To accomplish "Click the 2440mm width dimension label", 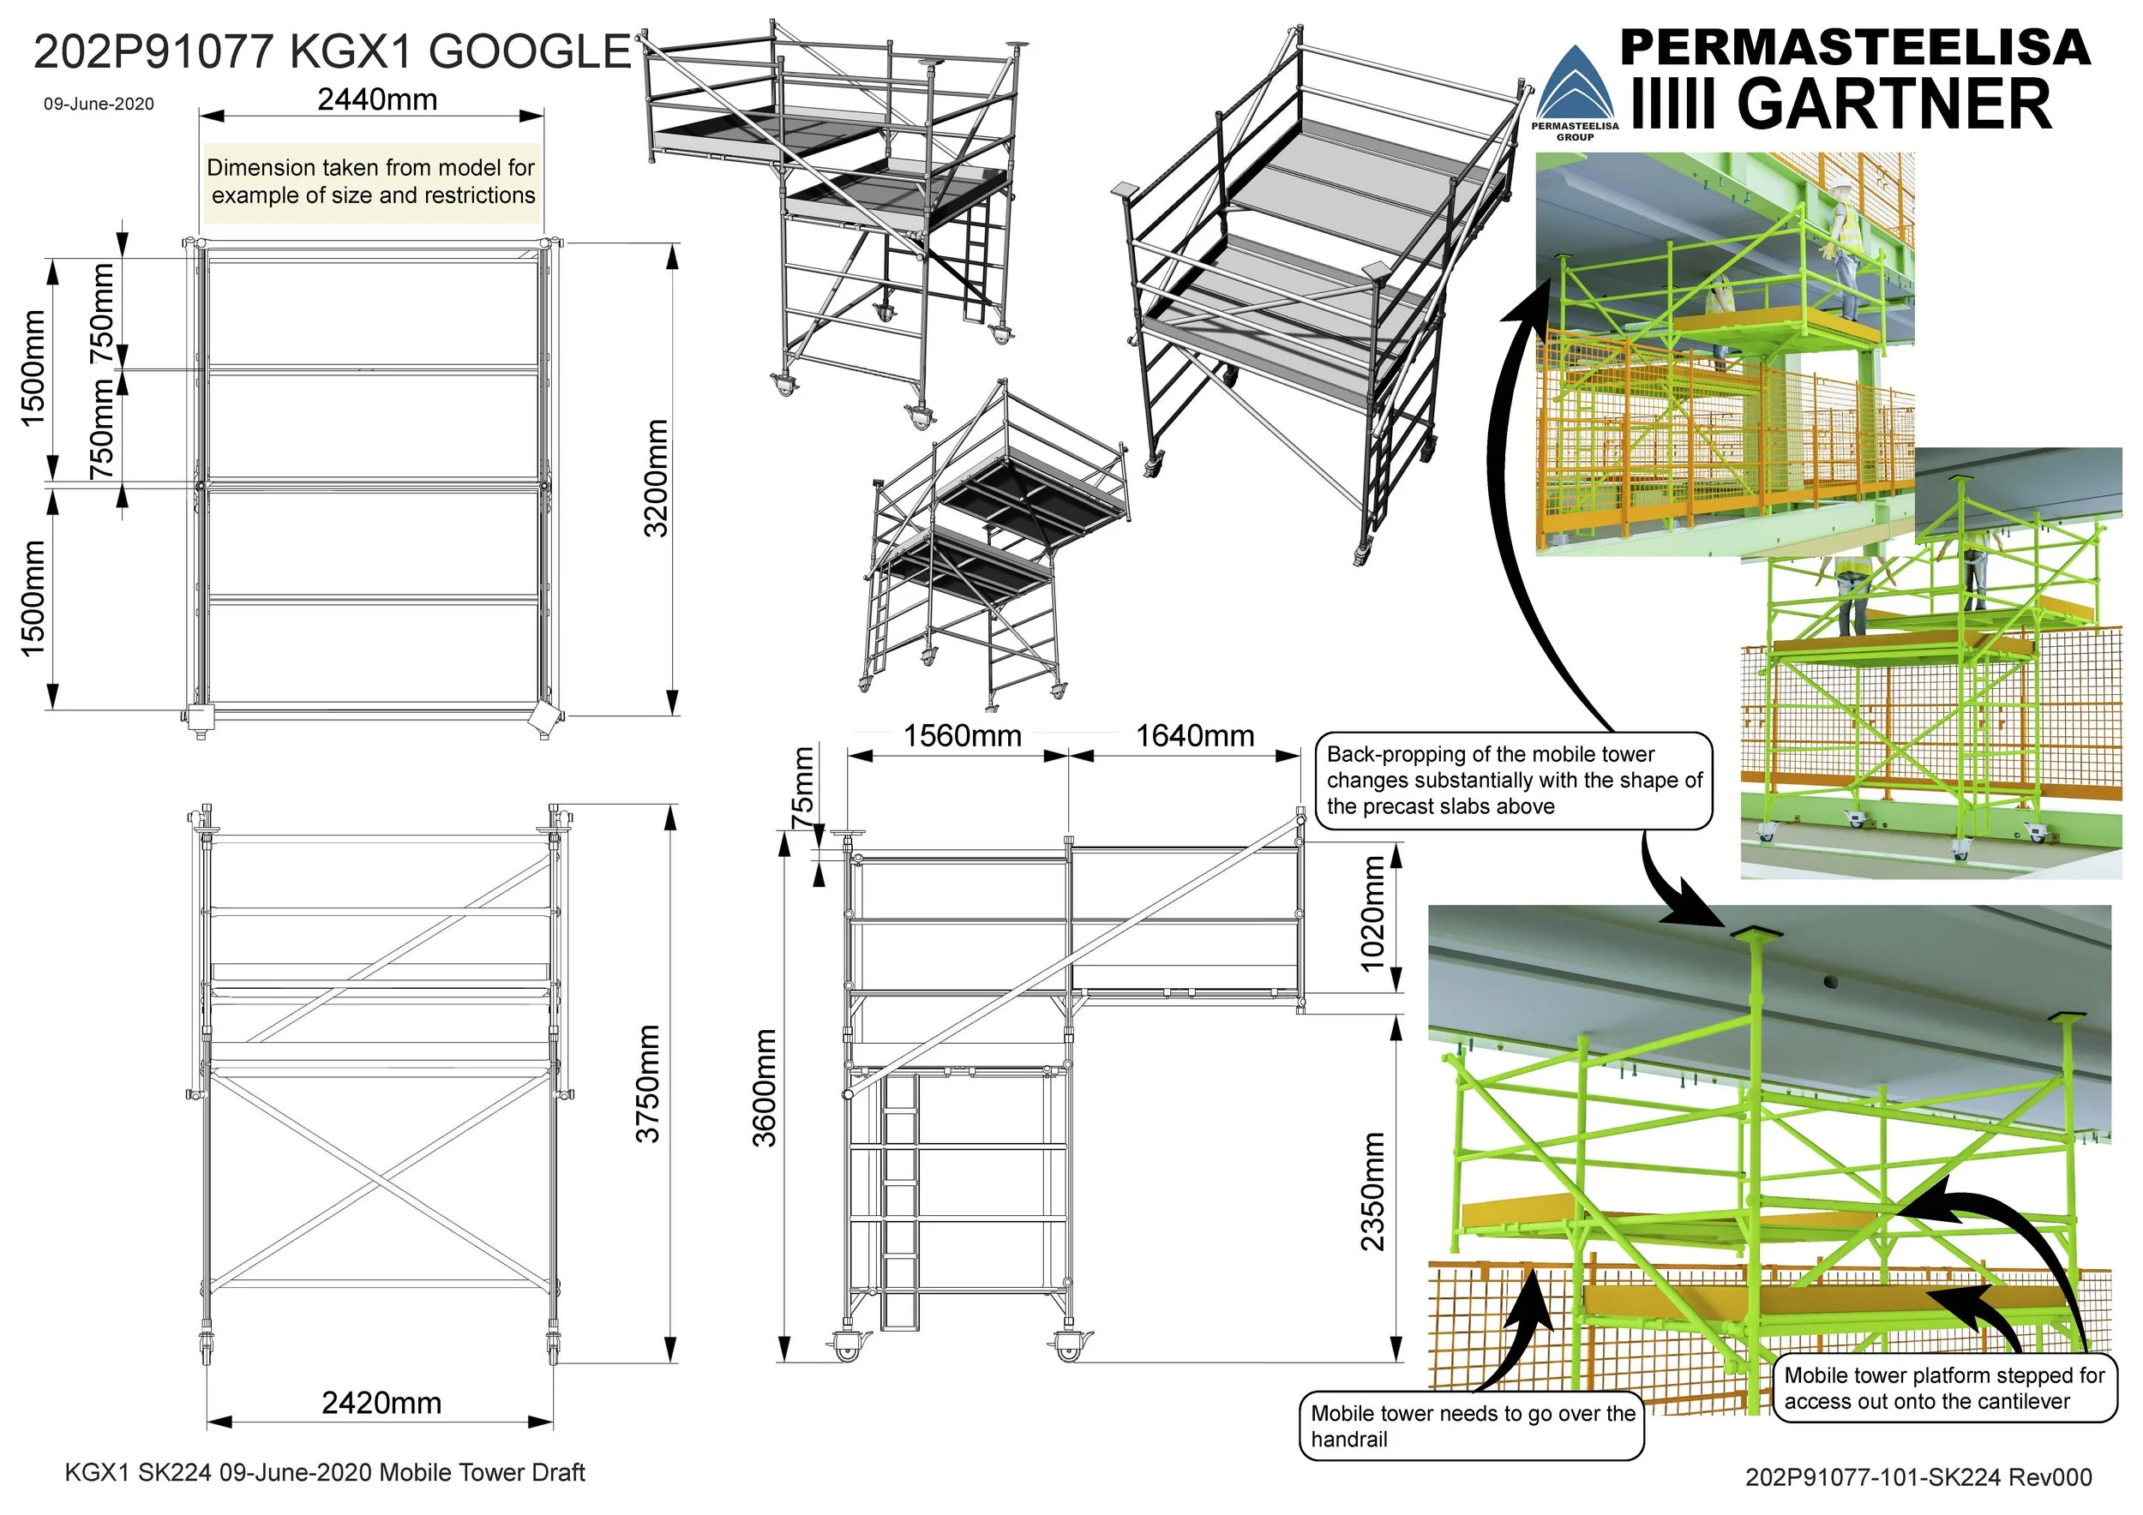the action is [x=377, y=99].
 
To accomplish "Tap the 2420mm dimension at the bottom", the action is [x=381, y=1403].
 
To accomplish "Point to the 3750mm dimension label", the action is [x=648, y=1084].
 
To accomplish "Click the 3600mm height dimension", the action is [x=765, y=1087].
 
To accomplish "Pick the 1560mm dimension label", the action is [x=962, y=736].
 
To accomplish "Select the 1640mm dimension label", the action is [x=1195, y=736].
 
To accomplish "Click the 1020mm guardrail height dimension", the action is [x=1372, y=913].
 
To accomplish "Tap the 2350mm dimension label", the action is [x=1372, y=1191].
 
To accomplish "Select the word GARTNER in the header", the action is [x=1894, y=104].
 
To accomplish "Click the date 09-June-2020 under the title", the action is [x=99, y=104].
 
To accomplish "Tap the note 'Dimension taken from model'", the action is [x=371, y=182].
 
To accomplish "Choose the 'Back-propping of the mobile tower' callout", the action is [x=1514, y=780].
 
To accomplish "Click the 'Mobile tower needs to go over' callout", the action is [x=1472, y=1425].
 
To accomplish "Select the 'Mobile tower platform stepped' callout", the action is [x=1944, y=1388].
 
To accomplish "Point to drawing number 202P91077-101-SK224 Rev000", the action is [x=1918, y=1476].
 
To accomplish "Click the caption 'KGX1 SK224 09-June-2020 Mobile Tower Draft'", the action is [x=325, y=1472].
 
